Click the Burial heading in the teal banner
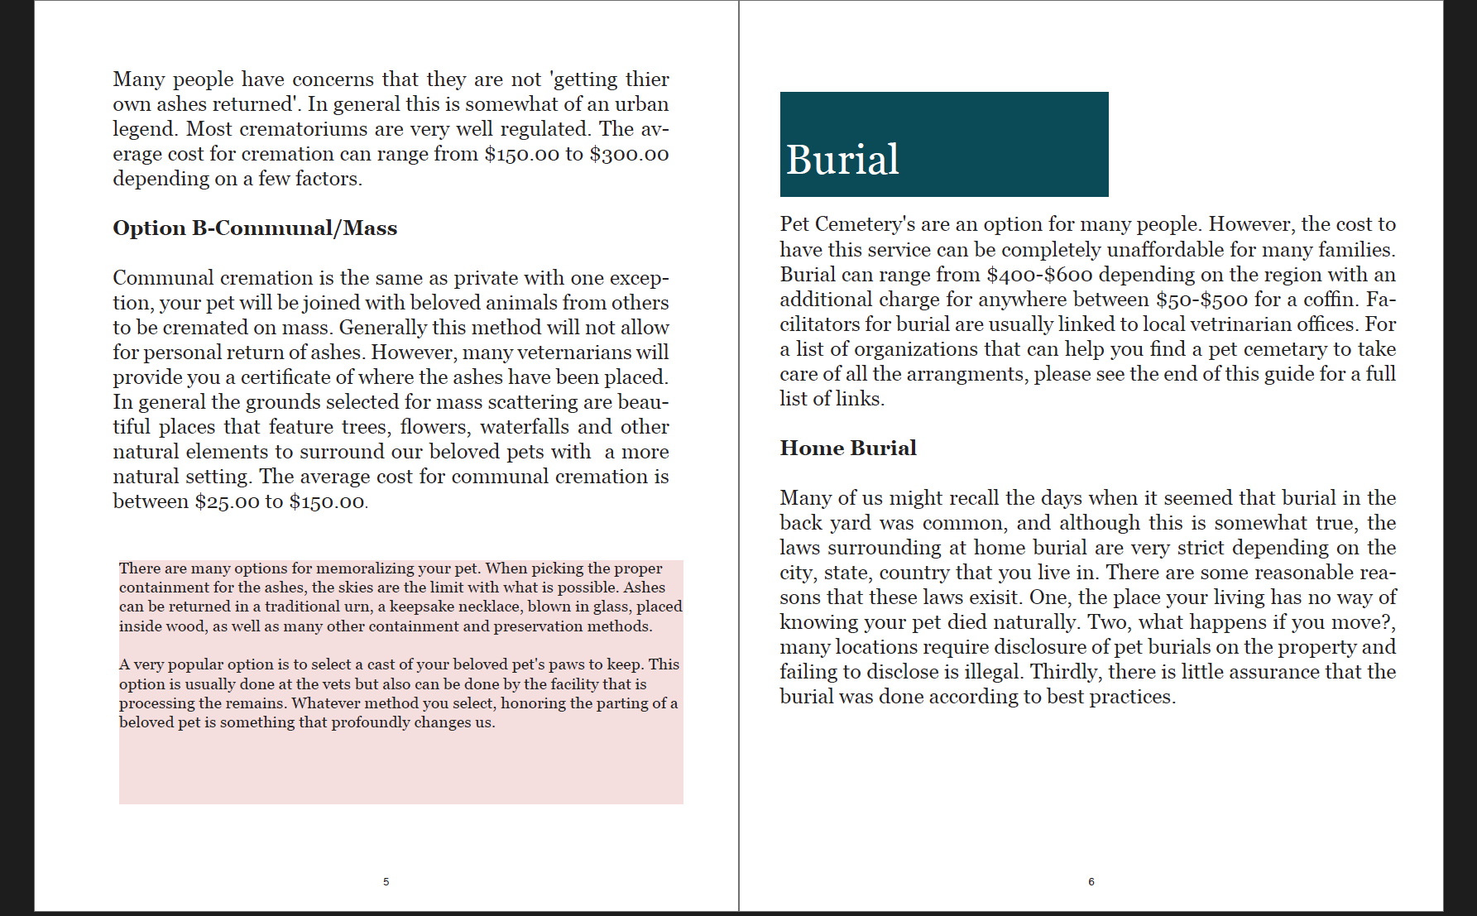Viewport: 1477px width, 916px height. coord(842,160)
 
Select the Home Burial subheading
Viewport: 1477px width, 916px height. coord(848,448)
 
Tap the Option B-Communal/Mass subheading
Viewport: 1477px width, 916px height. coord(255,228)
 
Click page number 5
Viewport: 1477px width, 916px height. coord(386,882)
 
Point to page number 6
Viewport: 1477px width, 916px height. coord(1091,882)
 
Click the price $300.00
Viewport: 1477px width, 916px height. coord(629,155)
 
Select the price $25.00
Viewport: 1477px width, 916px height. coord(227,502)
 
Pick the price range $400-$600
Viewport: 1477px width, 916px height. coord(1039,275)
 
